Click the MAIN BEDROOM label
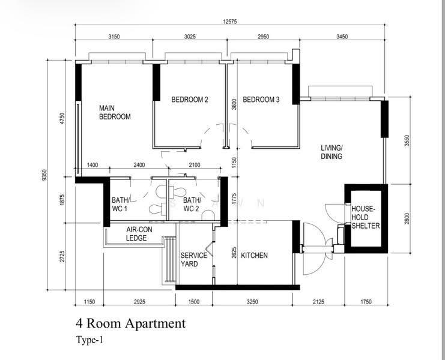(115, 112)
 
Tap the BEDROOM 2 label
(190, 100)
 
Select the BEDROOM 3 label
(261, 100)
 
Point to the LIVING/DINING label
(331, 152)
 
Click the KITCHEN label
(254, 255)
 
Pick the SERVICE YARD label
(194, 260)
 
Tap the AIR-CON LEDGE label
(139, 234)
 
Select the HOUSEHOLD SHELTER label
(366, 217)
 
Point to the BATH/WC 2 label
(192, 205)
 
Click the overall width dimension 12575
(230, 22)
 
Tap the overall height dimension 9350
(44, 175)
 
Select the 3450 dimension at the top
(342, 37)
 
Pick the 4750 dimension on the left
(62, 118)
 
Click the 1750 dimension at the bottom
(366, 302)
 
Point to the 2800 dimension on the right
(407, 218)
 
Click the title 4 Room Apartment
(130, 323)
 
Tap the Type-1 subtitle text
(89, 340)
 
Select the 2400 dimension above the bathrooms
(139, 165)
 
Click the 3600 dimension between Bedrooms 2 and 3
(234, 104)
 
